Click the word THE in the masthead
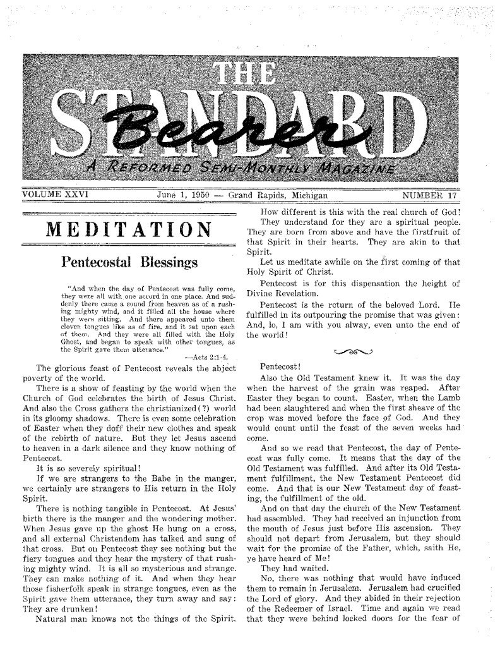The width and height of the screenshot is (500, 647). pyautogui.click(x=250, y=76)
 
